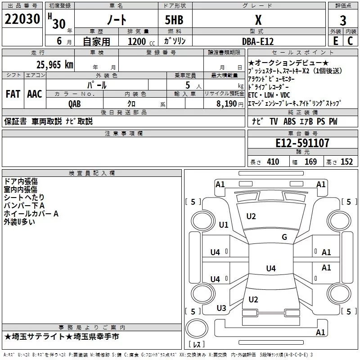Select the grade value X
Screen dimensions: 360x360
[x=258, y=20]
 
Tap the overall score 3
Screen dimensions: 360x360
[x=343, y=20]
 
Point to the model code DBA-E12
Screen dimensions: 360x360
[x=257, y=41]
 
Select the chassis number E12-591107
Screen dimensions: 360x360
[x=302, y=144]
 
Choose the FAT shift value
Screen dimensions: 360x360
[x=13, y=94]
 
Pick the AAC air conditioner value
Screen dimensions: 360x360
[x=35, y=94]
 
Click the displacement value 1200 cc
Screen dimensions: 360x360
[x=139, y=41]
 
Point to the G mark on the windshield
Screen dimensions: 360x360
[x=284, y=237]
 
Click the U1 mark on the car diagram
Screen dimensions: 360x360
[x=223, y=225]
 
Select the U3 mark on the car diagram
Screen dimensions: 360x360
[x=221, y=308]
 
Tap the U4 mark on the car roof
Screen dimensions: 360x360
[x=270, y=269]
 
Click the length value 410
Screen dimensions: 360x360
[x=273, y=162]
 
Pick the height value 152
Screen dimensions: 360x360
[x=346, y=162]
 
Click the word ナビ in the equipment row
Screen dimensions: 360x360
[x=257, y=121]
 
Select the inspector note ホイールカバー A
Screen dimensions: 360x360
[x=31, y=214]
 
